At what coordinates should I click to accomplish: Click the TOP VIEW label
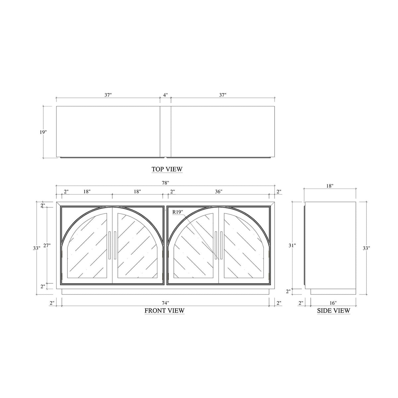pos(167,169)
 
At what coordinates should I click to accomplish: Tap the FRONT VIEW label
pos(165,311)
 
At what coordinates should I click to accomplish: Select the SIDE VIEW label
pos(333,311)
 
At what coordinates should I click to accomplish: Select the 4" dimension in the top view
pos(165,95)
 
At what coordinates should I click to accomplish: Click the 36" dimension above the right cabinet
pos(219,191)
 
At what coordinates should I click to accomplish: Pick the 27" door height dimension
pos(47,246)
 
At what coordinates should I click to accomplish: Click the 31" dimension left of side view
pos(292,245)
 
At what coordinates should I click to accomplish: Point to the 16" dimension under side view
pos(333,303)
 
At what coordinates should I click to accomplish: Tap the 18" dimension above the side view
pos(330,186)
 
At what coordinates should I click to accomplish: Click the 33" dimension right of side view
pos(366,248)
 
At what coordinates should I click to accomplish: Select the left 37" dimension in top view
pos(108,95)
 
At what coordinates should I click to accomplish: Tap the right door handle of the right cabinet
pos(221,245)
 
